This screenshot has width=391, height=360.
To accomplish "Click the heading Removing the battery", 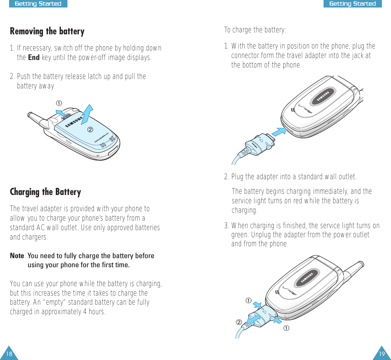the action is click(47, 32).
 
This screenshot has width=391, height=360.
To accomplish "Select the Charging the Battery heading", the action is click(45, 192).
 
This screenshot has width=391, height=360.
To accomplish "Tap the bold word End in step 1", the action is click(34, 57).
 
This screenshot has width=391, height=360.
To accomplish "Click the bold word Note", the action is click(17, 256).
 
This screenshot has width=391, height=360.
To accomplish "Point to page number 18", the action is click(9, 354).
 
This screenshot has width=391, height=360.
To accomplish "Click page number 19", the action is click(382, 354).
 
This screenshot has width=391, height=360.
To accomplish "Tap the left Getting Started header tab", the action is click(38, 4).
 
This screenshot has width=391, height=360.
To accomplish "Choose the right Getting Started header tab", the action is click(353, 4).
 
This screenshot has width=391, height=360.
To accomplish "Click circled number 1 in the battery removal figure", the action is click(59, 103).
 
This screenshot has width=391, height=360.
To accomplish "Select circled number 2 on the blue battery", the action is click(90, 129).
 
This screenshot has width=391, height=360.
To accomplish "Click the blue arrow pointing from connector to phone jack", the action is click(279, 132).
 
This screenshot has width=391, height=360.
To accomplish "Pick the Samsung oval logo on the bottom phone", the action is click(307, 278).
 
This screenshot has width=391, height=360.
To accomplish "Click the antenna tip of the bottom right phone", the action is click(361, 264).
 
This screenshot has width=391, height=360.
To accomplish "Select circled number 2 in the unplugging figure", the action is click(239, 322).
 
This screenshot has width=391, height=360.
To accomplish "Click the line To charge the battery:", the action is click(255, 30).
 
